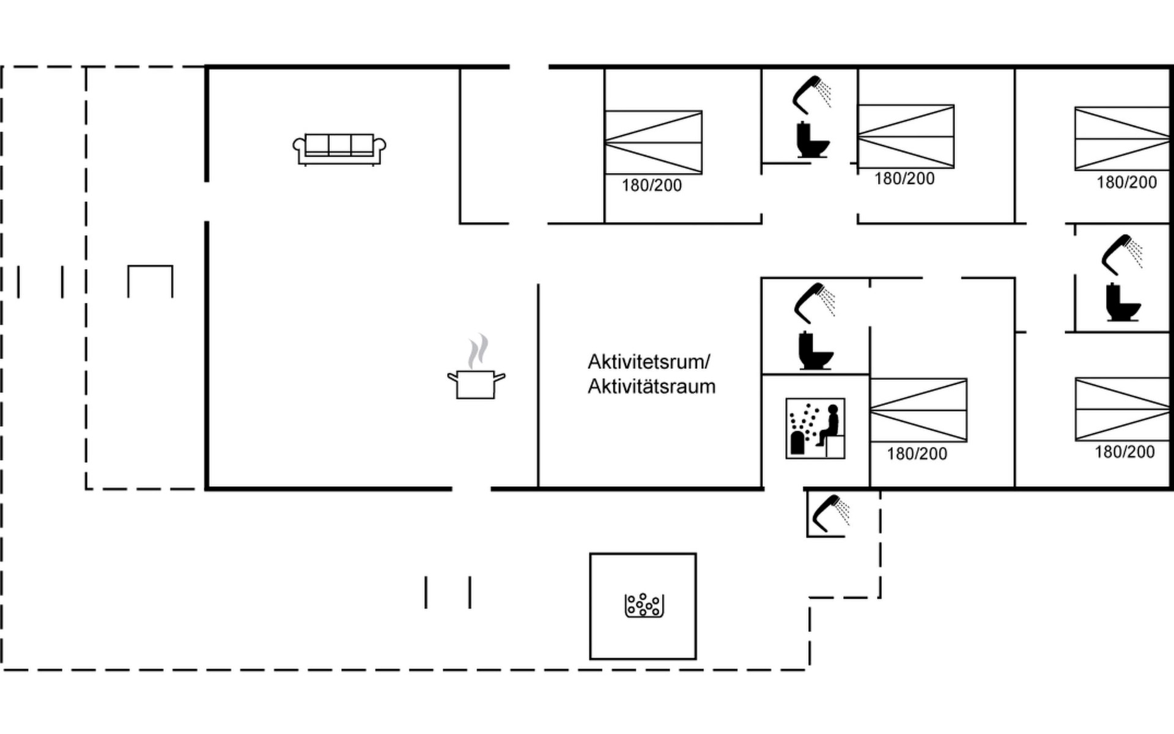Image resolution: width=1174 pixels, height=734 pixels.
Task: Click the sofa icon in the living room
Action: [x=339, y=149]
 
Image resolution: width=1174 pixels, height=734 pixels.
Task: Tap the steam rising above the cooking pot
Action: [x=478, y=351]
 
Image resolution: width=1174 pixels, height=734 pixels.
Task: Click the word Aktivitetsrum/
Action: [x=649, y=362]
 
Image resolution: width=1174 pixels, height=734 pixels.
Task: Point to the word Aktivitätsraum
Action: [x=652, y=387]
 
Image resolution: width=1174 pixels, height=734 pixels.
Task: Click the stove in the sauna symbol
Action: [x=797, y=443]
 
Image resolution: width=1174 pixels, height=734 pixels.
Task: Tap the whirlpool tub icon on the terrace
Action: [x=644, y=605]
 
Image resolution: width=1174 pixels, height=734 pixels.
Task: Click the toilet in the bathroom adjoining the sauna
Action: [x=815, y=350]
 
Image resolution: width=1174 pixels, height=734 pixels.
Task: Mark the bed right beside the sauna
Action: [x=918, y=410]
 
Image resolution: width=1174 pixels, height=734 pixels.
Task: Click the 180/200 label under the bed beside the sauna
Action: [x=917, y=454]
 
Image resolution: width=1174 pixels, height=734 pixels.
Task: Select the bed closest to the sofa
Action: [x=653, y=142]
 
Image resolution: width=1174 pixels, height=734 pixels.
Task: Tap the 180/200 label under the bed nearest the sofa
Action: [x=652, y=185]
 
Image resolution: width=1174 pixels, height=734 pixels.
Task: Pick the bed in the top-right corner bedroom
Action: [x=1122, y=138]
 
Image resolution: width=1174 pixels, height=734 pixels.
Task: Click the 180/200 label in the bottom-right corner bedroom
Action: [x=1124, y=452]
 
